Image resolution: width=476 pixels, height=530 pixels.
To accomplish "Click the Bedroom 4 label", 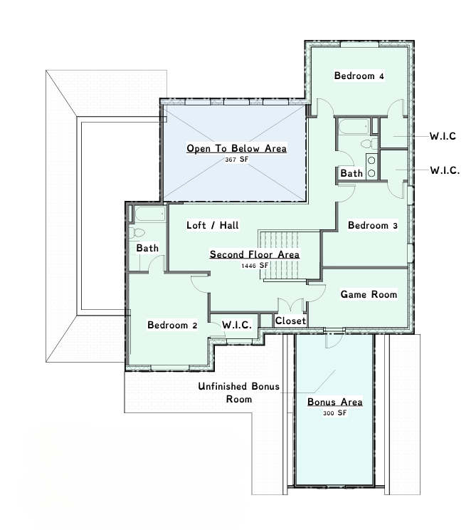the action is tap(359, 76).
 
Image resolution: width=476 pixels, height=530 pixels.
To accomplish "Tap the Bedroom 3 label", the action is tap(373, 225).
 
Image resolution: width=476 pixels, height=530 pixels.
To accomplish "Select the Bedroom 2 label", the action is tap(172, 325).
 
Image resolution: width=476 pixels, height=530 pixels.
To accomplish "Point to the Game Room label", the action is tap(369, 294).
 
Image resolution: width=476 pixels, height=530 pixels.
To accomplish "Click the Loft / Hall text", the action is tap(213, 225).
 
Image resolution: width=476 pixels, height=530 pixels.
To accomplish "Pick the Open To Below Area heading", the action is tap(237, 148).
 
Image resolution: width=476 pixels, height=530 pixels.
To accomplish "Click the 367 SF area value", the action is tap(237, 159).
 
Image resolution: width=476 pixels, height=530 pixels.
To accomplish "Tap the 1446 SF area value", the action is tap(255, 266).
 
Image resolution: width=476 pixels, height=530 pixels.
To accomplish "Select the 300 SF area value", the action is tap(334, 413).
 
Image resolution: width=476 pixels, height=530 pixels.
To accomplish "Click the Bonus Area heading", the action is tap(335, 402).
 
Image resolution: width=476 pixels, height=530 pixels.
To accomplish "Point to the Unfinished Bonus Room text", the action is tap(238, 393).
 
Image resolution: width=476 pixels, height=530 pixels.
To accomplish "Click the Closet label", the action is tap(290, 321).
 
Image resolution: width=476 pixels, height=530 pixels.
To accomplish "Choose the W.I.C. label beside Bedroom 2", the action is tap(237, 325).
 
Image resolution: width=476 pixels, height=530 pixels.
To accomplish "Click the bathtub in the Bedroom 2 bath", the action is tap(150, 214).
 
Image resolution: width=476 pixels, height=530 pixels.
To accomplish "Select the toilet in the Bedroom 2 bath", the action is tap(137, 233).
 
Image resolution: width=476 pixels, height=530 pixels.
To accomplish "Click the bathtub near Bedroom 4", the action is tap(354, 126).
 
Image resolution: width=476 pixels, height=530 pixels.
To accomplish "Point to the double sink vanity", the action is tap(371, 167).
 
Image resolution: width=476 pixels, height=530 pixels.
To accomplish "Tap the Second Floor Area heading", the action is tap(255, 254).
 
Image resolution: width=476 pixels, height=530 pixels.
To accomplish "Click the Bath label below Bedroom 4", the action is tap(351, 173).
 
